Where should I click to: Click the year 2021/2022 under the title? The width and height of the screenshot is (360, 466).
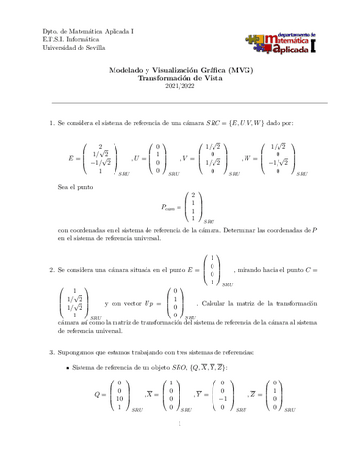[x=180, y=89]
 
